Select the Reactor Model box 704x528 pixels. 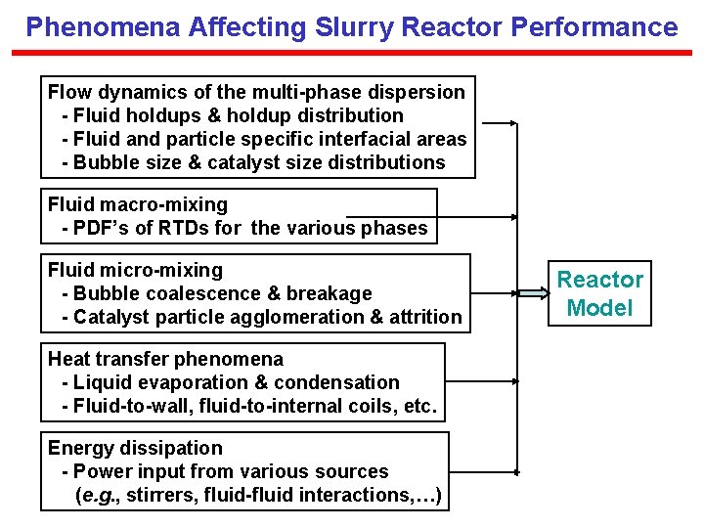[x=600, y=294]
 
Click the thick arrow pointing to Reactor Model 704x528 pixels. [x=532, y=293]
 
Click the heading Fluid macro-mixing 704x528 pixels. [x=138, y=204]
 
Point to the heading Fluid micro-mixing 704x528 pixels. [x=135, y=270]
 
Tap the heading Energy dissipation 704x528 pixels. [x=135, y=448]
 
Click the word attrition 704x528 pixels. [x=427, y=317]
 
